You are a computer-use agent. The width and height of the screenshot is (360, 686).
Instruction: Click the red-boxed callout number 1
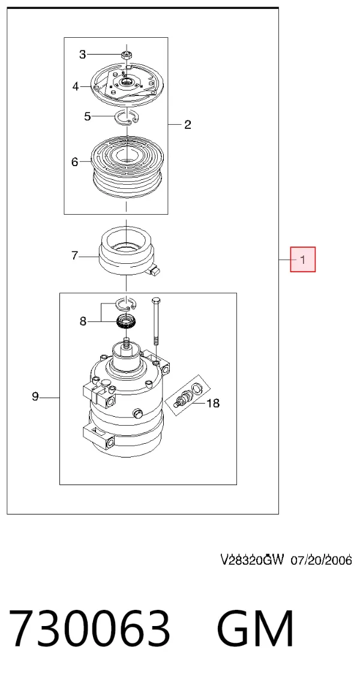303,260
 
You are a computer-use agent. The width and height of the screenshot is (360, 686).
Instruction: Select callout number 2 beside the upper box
187,125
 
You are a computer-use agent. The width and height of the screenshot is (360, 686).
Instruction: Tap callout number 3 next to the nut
83,55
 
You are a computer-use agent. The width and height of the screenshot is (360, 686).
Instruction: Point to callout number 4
76,86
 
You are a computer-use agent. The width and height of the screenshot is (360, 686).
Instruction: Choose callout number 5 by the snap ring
88,116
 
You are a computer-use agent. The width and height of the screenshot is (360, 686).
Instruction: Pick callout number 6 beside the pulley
75,163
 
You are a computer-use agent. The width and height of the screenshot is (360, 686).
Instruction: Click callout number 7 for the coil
75,255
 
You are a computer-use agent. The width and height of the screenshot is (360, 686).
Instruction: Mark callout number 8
83,322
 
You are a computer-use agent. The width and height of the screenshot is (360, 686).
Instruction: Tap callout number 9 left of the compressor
35,397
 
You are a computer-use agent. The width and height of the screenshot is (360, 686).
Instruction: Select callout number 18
213,403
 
